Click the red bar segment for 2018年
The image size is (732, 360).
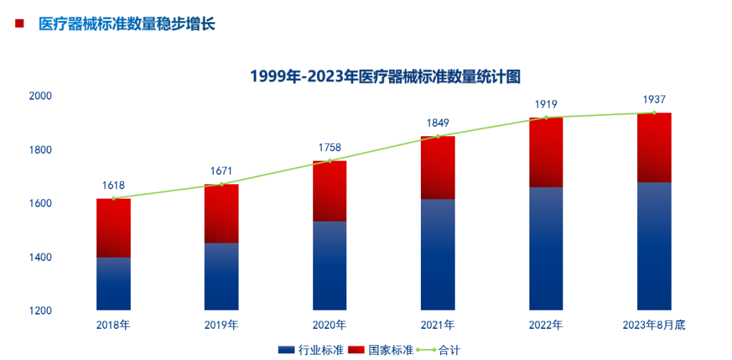click(x=113, y=228)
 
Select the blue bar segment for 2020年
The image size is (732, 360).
click(x=329, y=266)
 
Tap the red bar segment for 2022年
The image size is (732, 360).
click(x=546, y=153)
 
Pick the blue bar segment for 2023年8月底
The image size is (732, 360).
click(x=654, y=246)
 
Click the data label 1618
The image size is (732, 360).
click(x=113, y=185)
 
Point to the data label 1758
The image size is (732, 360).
click(x=329, y=147)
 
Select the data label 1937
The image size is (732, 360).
click(x=654, y=99)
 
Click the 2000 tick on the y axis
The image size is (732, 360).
click(x=40, y=96)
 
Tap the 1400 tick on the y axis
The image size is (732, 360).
click(x=40, y=257)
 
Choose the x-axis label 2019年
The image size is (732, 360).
click(x=222, y=325)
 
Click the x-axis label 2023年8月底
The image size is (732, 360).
click(x=654, y=325)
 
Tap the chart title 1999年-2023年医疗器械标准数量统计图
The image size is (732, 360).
click(x=385, y=76)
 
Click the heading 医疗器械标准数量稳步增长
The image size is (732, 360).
click(x=127, y=24)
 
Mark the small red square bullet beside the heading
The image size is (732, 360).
click(x=20, y=24)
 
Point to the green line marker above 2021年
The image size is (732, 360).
click(x=438, y=136)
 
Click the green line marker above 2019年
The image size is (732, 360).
click(x=222, y=184)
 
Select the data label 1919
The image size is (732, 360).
click(x=546, y=104)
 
